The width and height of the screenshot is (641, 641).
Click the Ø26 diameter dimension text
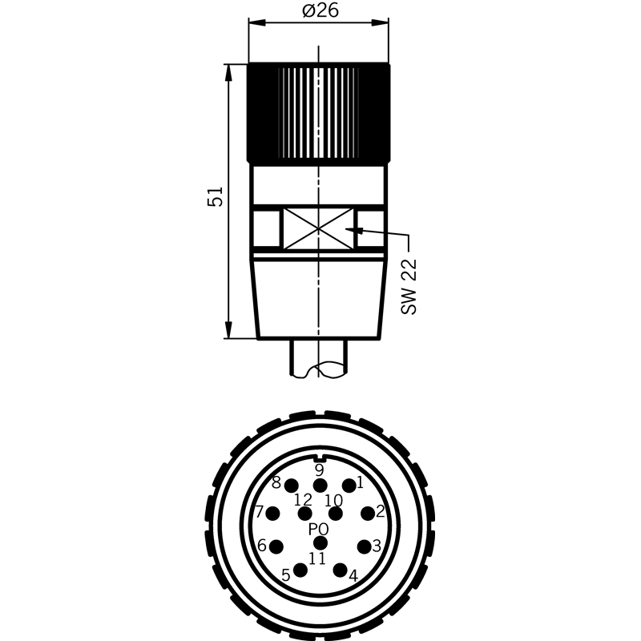pyautogui.click(x=320, y=10)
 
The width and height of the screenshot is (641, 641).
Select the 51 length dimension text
pyautogui.click(x=216, y=196)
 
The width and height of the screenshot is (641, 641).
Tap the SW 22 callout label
pyautogui.click(x=409, y=287)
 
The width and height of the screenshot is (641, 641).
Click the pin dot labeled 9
pyautogui.click(x=320, y=486)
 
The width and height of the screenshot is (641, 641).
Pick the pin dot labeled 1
pyautogui.click(x=349, y=486)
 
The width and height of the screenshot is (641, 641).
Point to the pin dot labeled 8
pyautogui.click(x=292, y=486)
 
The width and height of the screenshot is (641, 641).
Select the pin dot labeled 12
pyautogui.click(x=305, y=514)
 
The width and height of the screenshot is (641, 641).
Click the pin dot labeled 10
pyautogui.click(x=336, y=514)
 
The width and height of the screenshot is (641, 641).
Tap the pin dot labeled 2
pyautogui.click(x=368, y=513)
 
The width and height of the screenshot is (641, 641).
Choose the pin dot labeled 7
pyautogui.click(x=272, y=513)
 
